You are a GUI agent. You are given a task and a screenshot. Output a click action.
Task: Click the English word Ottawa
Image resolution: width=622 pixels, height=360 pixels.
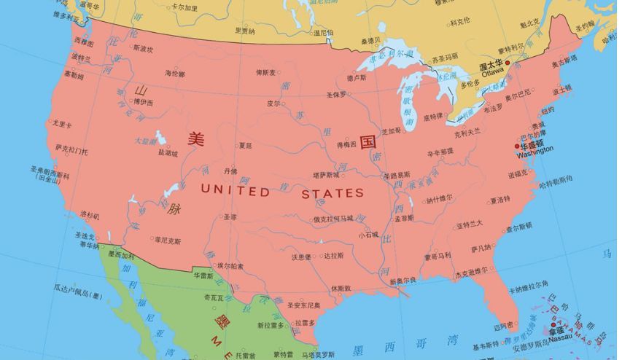492,72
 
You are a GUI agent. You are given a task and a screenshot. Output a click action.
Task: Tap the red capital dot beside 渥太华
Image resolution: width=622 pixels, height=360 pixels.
508,64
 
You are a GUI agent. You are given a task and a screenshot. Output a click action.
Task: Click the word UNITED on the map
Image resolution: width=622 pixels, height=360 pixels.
234,191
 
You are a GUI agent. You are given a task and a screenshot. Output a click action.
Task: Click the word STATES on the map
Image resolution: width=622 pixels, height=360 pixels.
333,193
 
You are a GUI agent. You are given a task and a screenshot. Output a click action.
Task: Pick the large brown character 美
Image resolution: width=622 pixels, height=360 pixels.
195,138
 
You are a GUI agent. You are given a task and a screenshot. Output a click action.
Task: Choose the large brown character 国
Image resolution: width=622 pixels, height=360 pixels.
368,138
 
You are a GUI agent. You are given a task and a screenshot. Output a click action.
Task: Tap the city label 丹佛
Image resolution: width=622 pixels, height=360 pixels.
230,171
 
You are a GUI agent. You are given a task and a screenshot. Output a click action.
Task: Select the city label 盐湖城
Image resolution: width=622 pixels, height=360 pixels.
167,153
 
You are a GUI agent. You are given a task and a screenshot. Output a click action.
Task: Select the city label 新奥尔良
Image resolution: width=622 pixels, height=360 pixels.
403,280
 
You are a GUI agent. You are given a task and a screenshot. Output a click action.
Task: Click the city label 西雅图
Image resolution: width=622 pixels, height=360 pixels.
84,43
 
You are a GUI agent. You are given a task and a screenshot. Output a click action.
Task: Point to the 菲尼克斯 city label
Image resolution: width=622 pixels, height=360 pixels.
167,239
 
